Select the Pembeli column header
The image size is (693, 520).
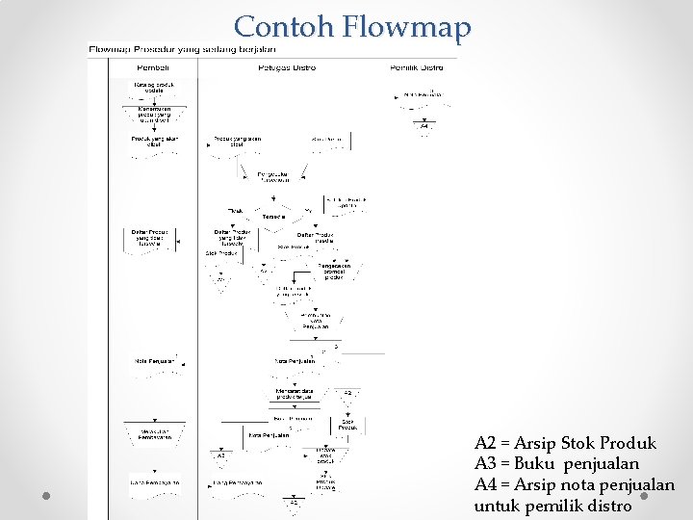tap(152, 67)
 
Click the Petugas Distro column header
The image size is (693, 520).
tap(287, 67)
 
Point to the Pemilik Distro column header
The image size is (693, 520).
tap(417, 67)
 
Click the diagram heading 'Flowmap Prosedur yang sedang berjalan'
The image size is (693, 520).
tap(176, 49)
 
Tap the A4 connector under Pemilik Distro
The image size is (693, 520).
tap(424, 126)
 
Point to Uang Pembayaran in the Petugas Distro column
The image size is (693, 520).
tap(237, 481)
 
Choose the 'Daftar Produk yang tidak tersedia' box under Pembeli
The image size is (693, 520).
tap(149, 238)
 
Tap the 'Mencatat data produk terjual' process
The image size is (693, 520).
tap(293, 394)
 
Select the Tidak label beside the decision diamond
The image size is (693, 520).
tap(236, 210)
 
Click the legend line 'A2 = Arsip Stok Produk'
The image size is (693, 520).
tap(565, 443)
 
